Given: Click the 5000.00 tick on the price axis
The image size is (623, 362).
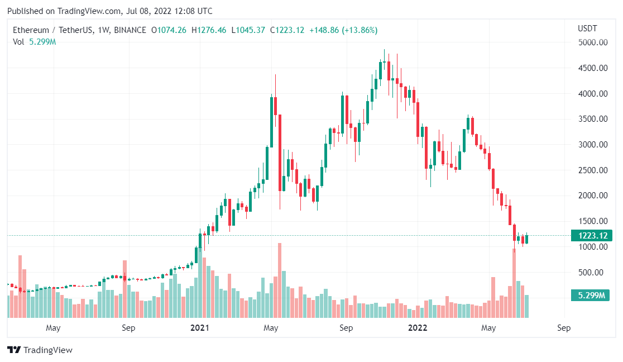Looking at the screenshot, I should [592, 42].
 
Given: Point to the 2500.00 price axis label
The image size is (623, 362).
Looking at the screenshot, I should [592, 170].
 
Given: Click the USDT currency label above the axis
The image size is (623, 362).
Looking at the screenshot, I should [587, 28].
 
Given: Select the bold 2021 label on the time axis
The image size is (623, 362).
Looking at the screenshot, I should [199, 328].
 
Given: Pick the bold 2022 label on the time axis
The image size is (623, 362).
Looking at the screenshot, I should [417, 328].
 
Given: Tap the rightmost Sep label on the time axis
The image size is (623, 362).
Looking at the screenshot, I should [564, 328].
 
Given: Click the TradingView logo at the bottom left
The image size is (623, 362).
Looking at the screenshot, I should [40, 350].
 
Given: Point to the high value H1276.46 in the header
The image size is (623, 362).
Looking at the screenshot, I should [209, 30].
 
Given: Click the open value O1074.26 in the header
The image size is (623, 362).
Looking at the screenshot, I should [169, 30].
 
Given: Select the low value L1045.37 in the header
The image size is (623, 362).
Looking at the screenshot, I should [248, 30].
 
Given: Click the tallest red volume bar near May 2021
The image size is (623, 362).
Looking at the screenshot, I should [280, 279].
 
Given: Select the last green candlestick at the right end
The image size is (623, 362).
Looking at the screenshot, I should [526, 240].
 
